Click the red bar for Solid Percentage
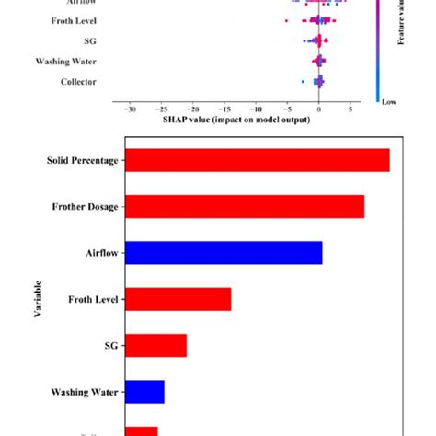click(256, 160)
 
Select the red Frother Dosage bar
click(243, 206)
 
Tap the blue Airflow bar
click(222, 253)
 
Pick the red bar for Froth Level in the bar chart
click(177, 299)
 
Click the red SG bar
click(155, 345)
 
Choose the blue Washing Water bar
click(143, 392)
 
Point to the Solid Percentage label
click(82, 161)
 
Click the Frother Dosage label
click(84, 207)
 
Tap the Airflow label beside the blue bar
click(99, 253)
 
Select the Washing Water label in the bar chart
click(84, 392)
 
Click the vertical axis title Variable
click(39, 299)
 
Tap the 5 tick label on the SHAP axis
click(350, 109)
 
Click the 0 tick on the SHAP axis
click(318, 109)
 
